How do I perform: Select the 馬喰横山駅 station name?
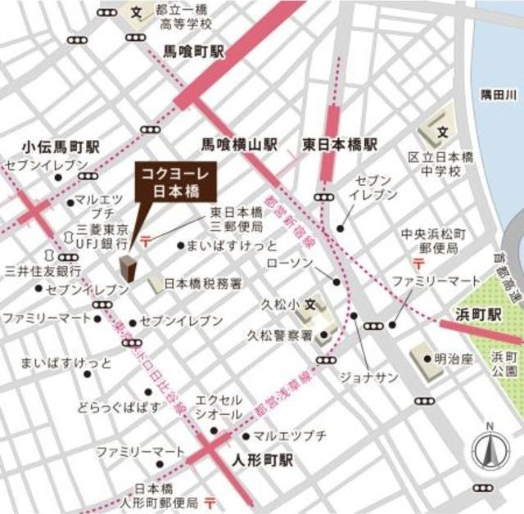click(240, 145)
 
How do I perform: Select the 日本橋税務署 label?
click(202, 284)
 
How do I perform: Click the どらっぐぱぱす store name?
click(115, 407)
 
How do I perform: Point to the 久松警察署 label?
click(280, 335)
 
